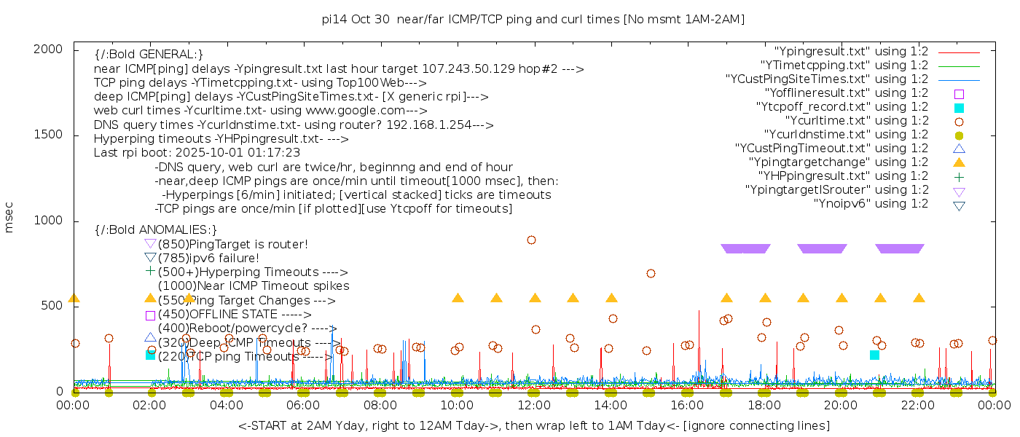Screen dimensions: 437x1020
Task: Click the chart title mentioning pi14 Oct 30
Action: tap(533, 19)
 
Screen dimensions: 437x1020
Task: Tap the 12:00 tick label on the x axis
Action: tap(533, 404)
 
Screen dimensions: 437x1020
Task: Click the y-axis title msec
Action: tap(9, 217)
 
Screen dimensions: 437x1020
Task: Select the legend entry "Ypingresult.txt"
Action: tap(850, 51)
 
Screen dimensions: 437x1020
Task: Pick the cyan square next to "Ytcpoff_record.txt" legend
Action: tap(959, 107)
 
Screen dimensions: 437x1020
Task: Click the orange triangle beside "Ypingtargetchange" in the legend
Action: tap(959, 162)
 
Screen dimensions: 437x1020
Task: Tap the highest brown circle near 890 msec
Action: tap(531, 240)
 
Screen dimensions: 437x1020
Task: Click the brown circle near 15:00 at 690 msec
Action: tap(651, 273)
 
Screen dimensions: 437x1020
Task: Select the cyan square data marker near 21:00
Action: tap(874, 355)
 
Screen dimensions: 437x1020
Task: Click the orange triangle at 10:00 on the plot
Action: tap(458, 298)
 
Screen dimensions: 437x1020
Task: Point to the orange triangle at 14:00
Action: tap(611, 298)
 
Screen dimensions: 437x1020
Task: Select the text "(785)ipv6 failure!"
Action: tap(208, 258)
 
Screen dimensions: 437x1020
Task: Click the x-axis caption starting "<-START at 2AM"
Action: tap(533, 425)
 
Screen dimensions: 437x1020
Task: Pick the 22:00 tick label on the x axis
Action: tap(917, 404)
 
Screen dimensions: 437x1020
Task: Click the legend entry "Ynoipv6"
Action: tap(871, 203)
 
